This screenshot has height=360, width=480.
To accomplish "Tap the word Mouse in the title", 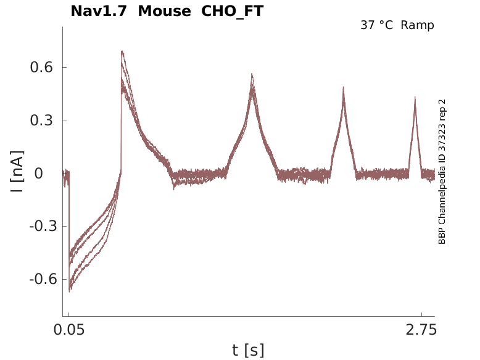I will (164, 11).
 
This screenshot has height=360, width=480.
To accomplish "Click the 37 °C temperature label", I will (377, 25).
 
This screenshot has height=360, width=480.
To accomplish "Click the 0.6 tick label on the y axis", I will (40, 67).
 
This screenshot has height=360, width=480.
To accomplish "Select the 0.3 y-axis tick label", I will (40, 120).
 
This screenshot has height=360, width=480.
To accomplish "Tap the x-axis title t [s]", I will (248, 351).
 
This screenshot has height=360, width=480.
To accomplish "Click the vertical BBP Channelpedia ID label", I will (442, 172).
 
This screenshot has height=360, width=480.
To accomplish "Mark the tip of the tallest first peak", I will (122, 51).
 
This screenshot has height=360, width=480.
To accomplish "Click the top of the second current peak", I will (252, 73).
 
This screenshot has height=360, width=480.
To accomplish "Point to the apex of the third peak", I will (343, 88).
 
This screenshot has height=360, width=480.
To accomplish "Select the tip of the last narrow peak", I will (415, 97).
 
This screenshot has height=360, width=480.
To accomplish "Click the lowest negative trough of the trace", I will (70, 290).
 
